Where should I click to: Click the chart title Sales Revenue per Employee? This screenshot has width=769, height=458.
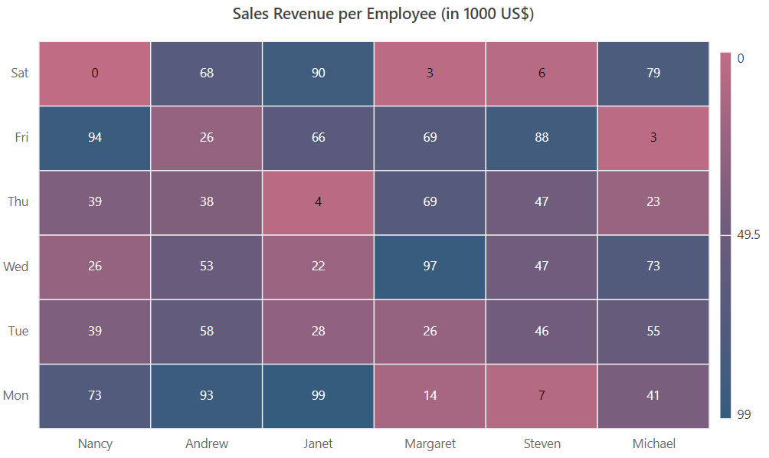[x=384, y=15]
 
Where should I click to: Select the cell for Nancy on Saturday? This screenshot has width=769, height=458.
[x=95, y=74]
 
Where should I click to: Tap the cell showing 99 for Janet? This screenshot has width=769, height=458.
[x=318, y=396]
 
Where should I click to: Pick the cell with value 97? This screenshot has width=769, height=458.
[x=430, y=267]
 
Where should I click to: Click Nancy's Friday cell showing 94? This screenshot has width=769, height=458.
[x=95, y=138]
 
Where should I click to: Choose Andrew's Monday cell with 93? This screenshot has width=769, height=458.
[x=207, y=396]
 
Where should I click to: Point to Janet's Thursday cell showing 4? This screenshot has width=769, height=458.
[x=318, y=202]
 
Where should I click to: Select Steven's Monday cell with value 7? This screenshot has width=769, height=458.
[x=542, y=396]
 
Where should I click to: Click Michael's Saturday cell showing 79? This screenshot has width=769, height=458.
[x=653, y=74]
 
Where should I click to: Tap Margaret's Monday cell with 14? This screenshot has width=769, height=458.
[x=430, y=396]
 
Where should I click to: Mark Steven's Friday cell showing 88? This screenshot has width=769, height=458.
[x=542, y=138]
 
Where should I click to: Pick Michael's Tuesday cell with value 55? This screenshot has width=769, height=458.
[x=653, y=331]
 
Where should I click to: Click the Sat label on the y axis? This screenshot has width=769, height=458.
[x=20, y=74]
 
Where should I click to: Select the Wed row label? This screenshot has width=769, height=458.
[x=16, y=267]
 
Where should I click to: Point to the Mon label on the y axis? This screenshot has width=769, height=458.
[x=16, y=396]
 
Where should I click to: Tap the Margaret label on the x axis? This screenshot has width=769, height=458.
[x=430, y=443]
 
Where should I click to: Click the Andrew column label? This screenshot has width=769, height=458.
[x=207, y=443]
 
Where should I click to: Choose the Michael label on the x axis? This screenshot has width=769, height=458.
[x=653, y=443]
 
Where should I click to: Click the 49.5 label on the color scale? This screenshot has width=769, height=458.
[x=748, y=236]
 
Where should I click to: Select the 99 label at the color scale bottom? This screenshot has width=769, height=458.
[x=743, y=414]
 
